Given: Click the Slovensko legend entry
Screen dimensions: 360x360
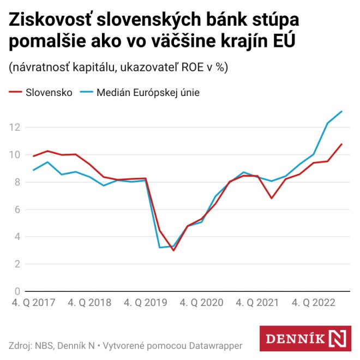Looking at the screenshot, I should pos(40,92).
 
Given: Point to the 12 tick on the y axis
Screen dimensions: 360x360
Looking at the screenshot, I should pos(14,128).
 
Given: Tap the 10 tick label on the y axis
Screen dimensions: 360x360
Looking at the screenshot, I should pos(14,155).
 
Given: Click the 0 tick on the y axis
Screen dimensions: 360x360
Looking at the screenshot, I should pos(17,291).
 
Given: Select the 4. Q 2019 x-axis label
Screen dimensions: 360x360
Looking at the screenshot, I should pos(146,302).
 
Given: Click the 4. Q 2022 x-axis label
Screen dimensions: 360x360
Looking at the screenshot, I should pos(314,302).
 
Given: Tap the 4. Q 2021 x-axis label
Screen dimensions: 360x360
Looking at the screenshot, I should pos(258,302).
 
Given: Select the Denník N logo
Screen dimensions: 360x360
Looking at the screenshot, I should pos(305,339).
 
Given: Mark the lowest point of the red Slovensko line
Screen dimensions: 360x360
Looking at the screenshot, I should pos(173,250).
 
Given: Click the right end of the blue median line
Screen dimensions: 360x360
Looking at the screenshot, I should pos(341,111).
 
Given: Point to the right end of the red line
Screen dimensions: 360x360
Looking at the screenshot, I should pos(341,144).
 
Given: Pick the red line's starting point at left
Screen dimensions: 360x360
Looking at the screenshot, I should pos(33,156).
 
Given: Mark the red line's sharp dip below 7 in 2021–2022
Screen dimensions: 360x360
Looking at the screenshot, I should pos(272,198).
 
